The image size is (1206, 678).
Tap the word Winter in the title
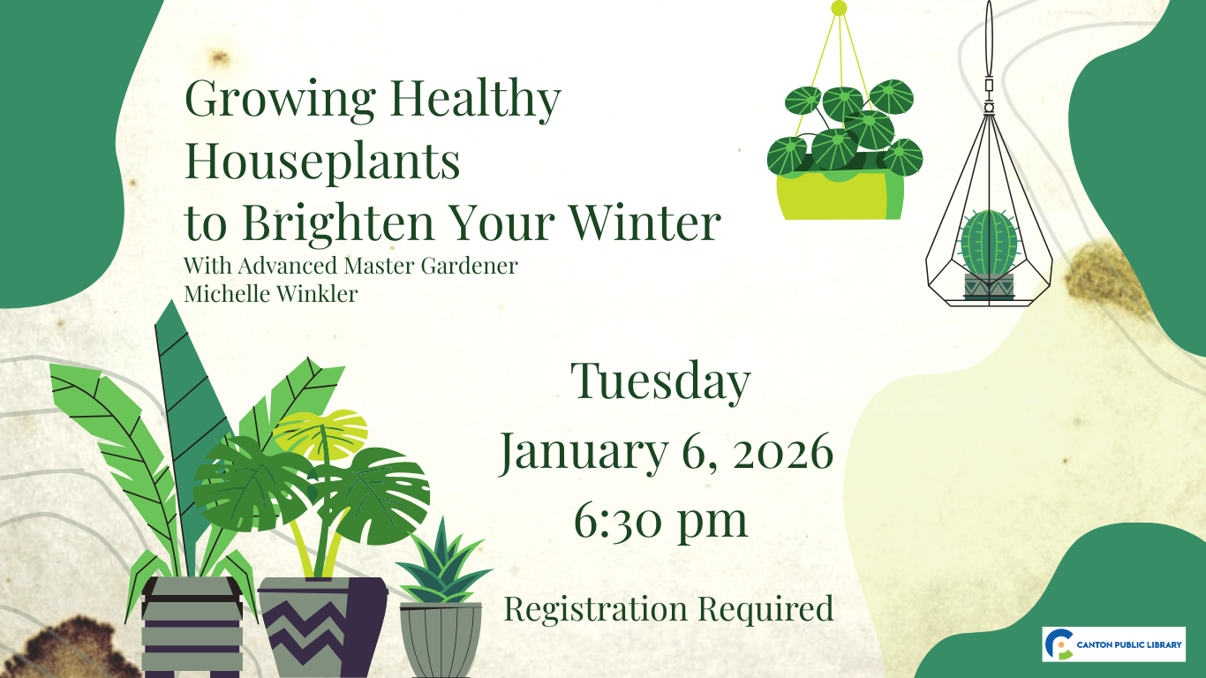(645, 222)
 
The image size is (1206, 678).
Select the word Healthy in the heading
(476, 100)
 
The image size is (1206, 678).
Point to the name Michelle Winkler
(271, 294)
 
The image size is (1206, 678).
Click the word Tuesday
(660, 381)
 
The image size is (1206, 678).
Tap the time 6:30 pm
(660, 521)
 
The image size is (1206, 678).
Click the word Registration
(595, 608)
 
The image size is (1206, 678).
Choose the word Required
(766, 610)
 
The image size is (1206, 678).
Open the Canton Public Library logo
(1113, 644)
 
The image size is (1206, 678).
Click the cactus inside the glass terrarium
(989, 243)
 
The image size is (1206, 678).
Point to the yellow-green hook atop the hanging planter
(839, 8)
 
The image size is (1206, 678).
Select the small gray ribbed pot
(441, 640)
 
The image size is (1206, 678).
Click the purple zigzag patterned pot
(323, 627)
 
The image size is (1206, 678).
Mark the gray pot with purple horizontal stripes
(192, 627)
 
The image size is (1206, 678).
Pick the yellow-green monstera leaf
(320, 433)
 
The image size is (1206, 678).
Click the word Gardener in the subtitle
(469, 266)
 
